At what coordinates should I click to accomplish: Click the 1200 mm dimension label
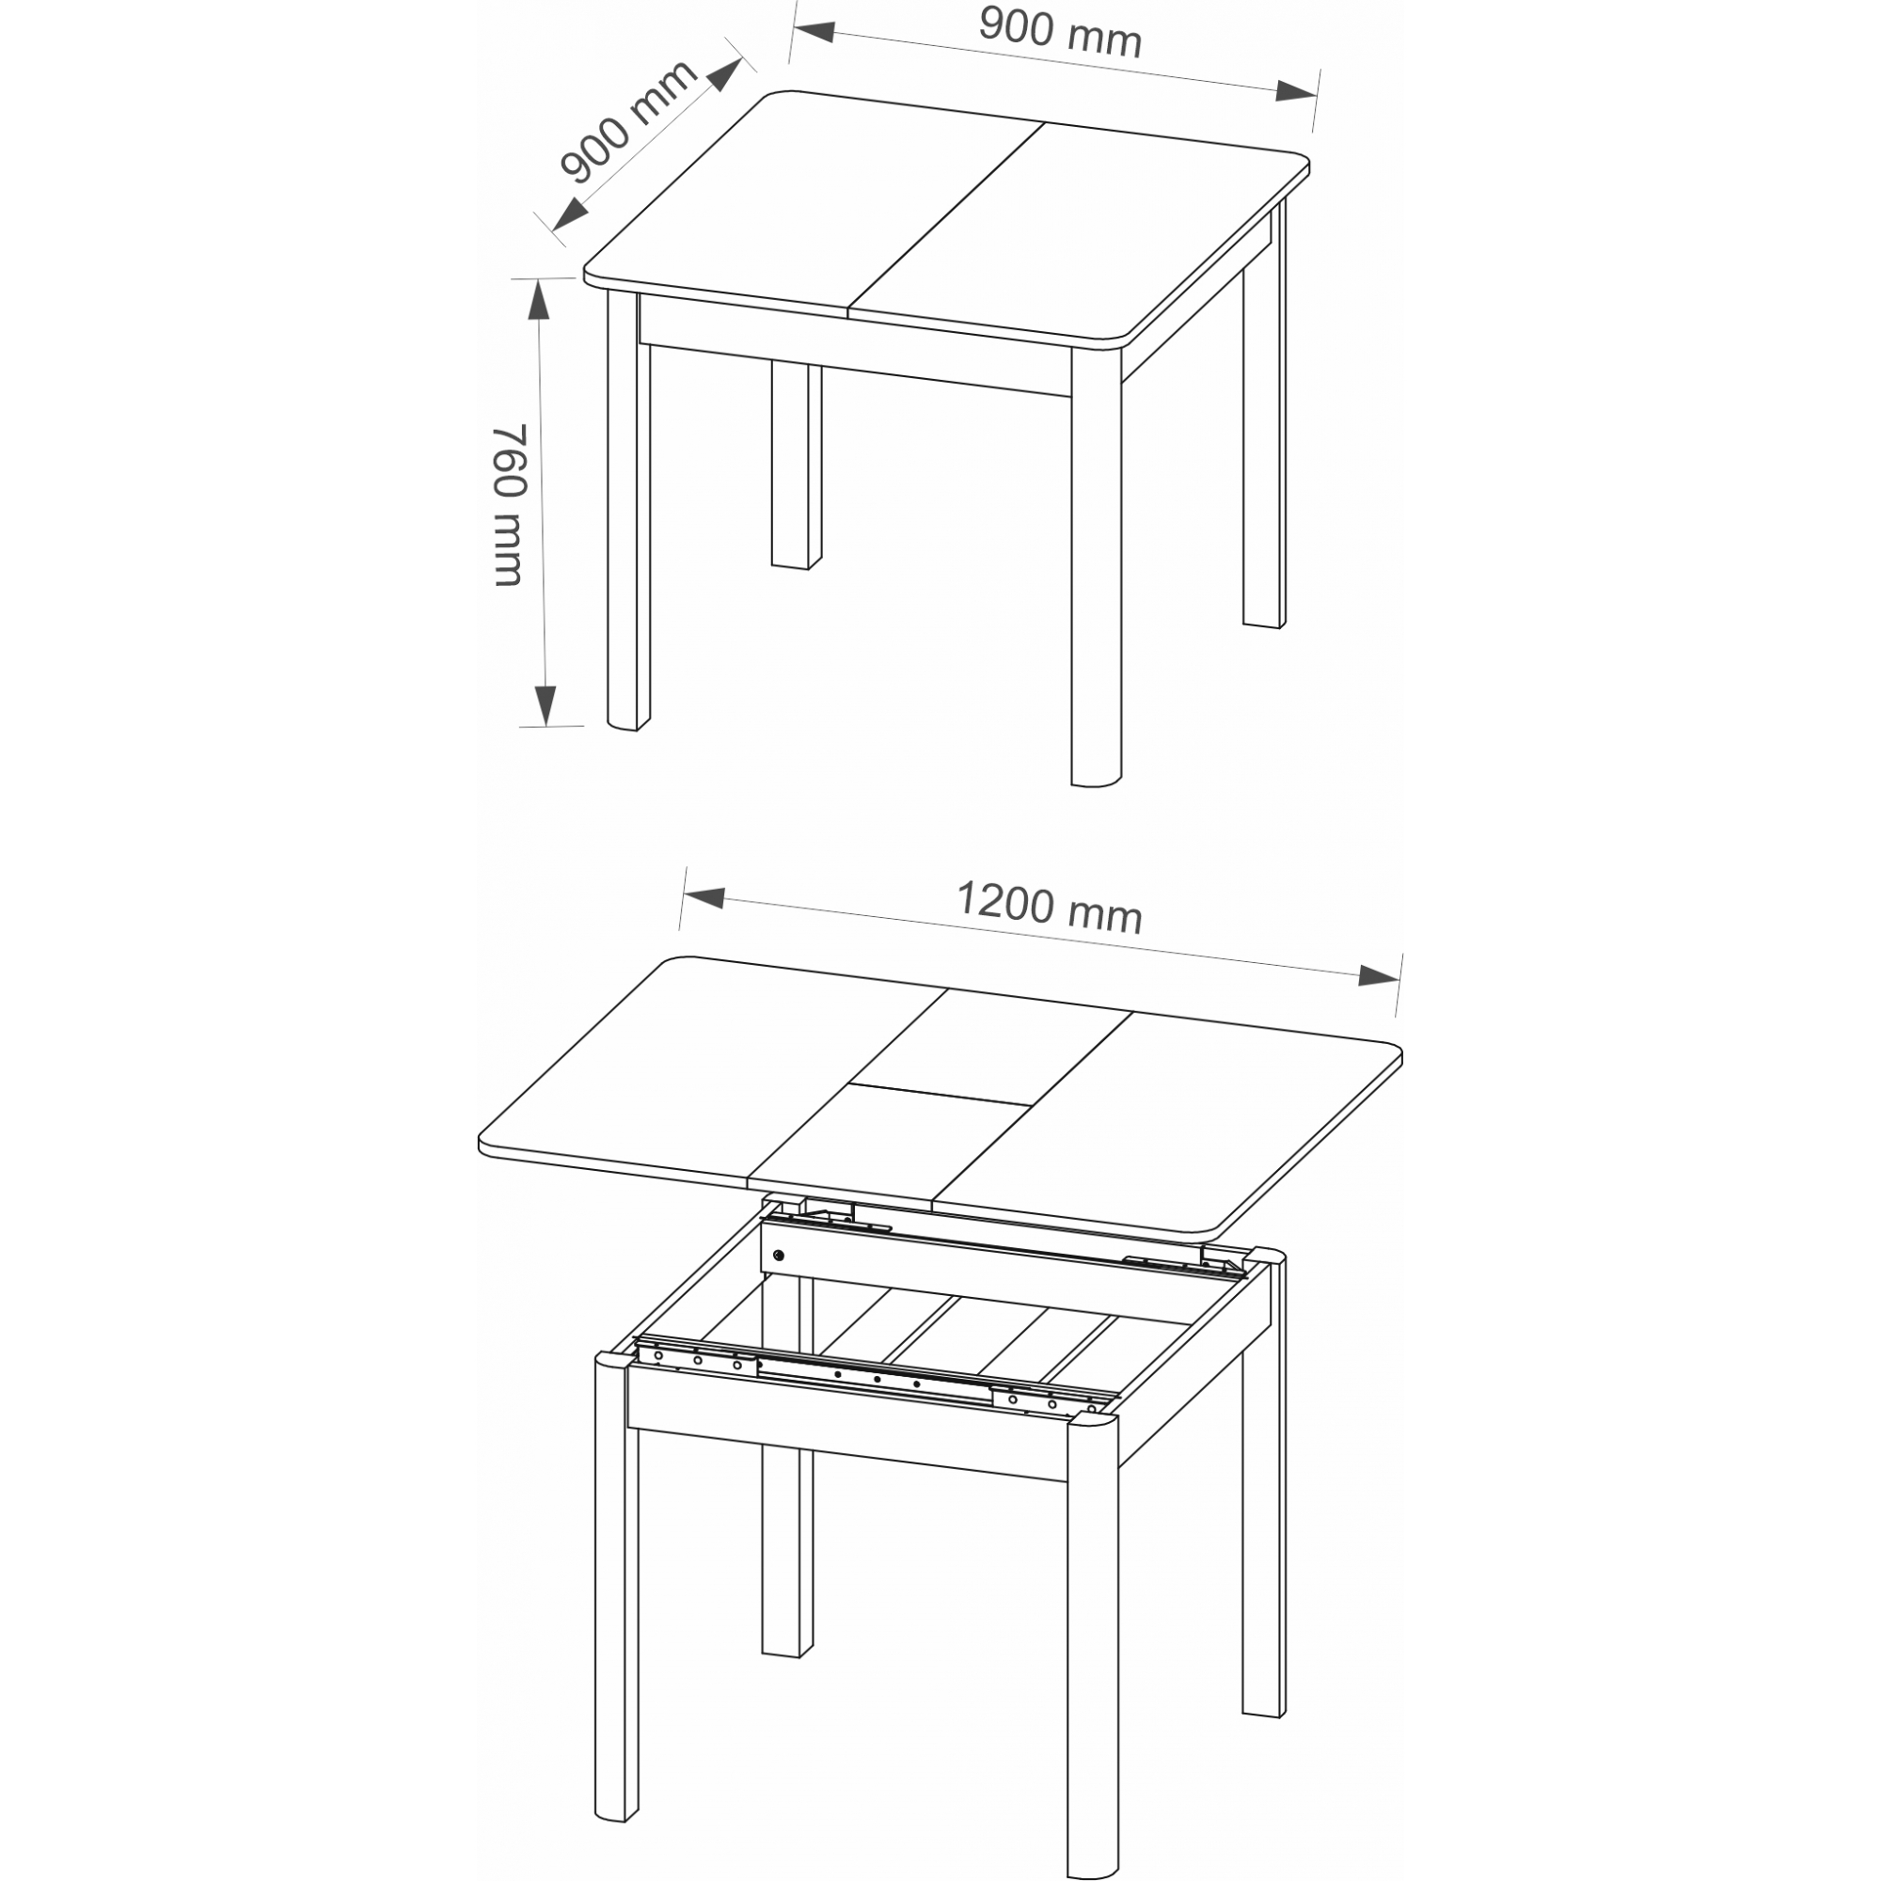click(1050, 907)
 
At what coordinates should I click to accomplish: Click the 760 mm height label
click(508, 505)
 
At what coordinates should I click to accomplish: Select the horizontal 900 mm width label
click(1060, 31)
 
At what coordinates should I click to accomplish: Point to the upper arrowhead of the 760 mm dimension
click(537, 300)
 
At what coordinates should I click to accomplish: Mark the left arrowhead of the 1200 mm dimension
click(704, 896)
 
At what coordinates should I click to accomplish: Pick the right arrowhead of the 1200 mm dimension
click(1379, 976)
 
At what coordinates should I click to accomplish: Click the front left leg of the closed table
click(628, 510)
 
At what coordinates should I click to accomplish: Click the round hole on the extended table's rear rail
click(777, 1256)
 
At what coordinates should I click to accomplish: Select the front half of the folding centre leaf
click(889, 1144)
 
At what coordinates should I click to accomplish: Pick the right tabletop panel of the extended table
click(1168, 1119)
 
